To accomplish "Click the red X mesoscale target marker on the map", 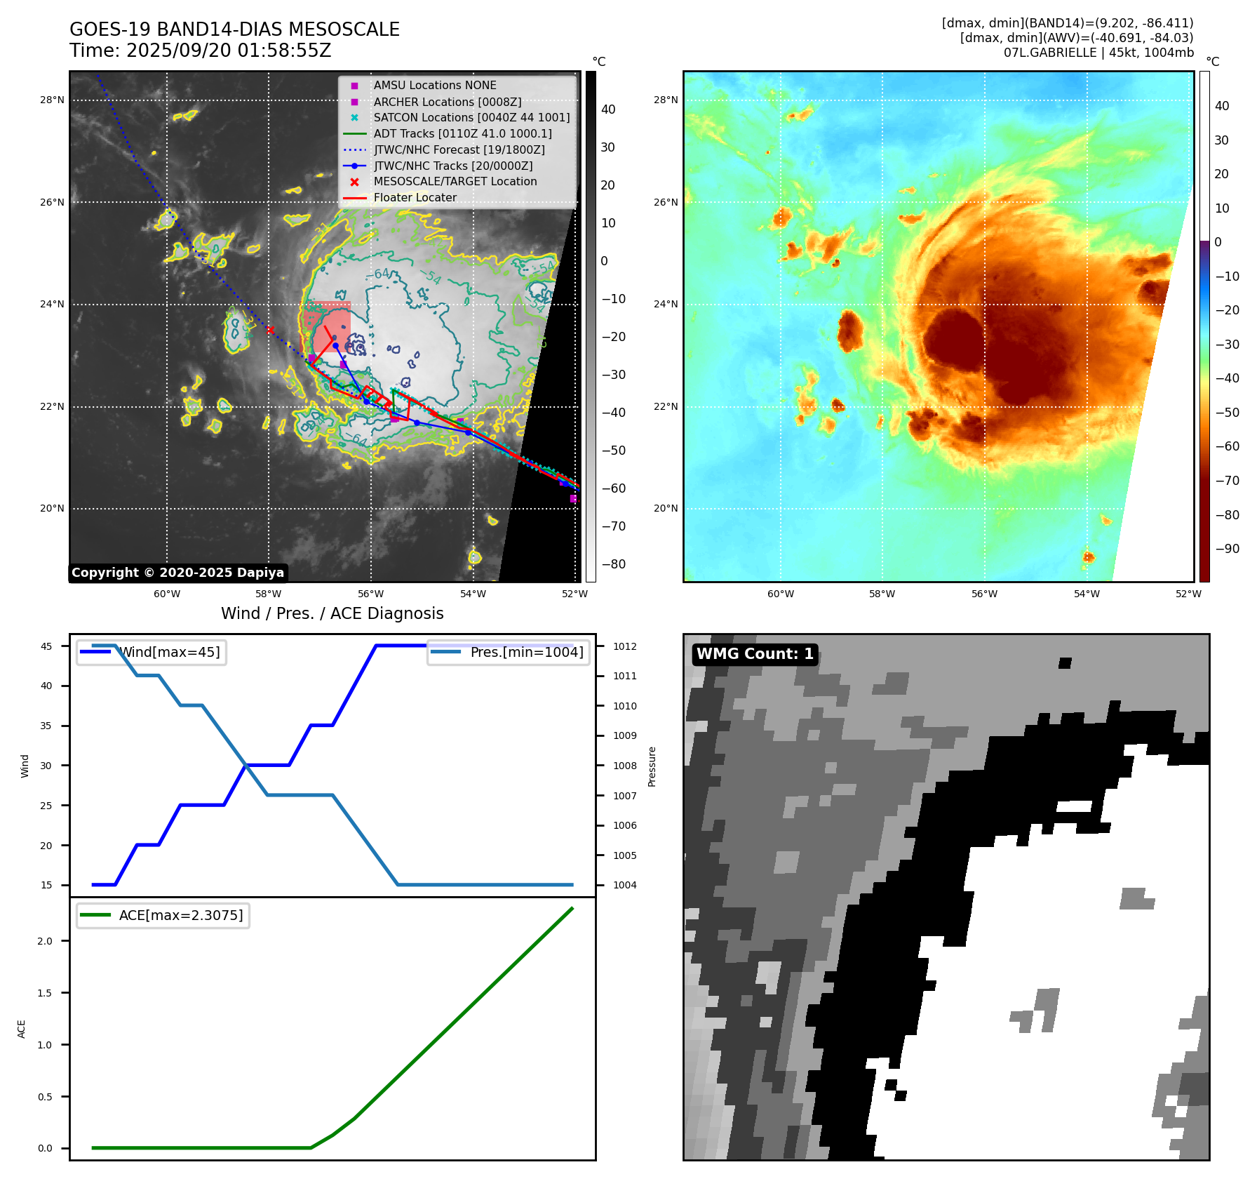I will click(270, 330).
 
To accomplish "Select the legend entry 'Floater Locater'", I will click(415, 198).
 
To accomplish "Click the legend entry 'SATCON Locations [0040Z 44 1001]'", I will click(471, 118).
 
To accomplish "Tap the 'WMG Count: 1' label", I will click(755, 654).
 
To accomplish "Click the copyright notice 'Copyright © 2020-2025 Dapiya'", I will click(177, 573).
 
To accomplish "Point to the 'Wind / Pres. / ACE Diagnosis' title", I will click(332, 613).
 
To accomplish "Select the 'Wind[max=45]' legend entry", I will click(169, 652).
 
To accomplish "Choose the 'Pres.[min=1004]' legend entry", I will click(526, 652).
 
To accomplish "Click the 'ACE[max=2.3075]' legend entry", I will click(181, 915).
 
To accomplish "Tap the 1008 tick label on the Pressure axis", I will click(625, 766).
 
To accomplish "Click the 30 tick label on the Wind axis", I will click(46, 766).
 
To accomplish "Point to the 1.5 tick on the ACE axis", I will click(45, 993).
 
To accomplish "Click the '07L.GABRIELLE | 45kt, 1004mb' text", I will click(1098, 53).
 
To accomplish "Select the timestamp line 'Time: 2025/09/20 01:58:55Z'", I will click(200, 51).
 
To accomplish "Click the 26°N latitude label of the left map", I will click(52, 202).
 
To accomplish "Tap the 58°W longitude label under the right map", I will click(882, 594).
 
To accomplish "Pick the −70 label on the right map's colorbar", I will click(1227, 481).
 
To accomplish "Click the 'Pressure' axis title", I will click(652, 766).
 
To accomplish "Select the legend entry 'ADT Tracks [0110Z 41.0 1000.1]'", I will click(462, 133).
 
